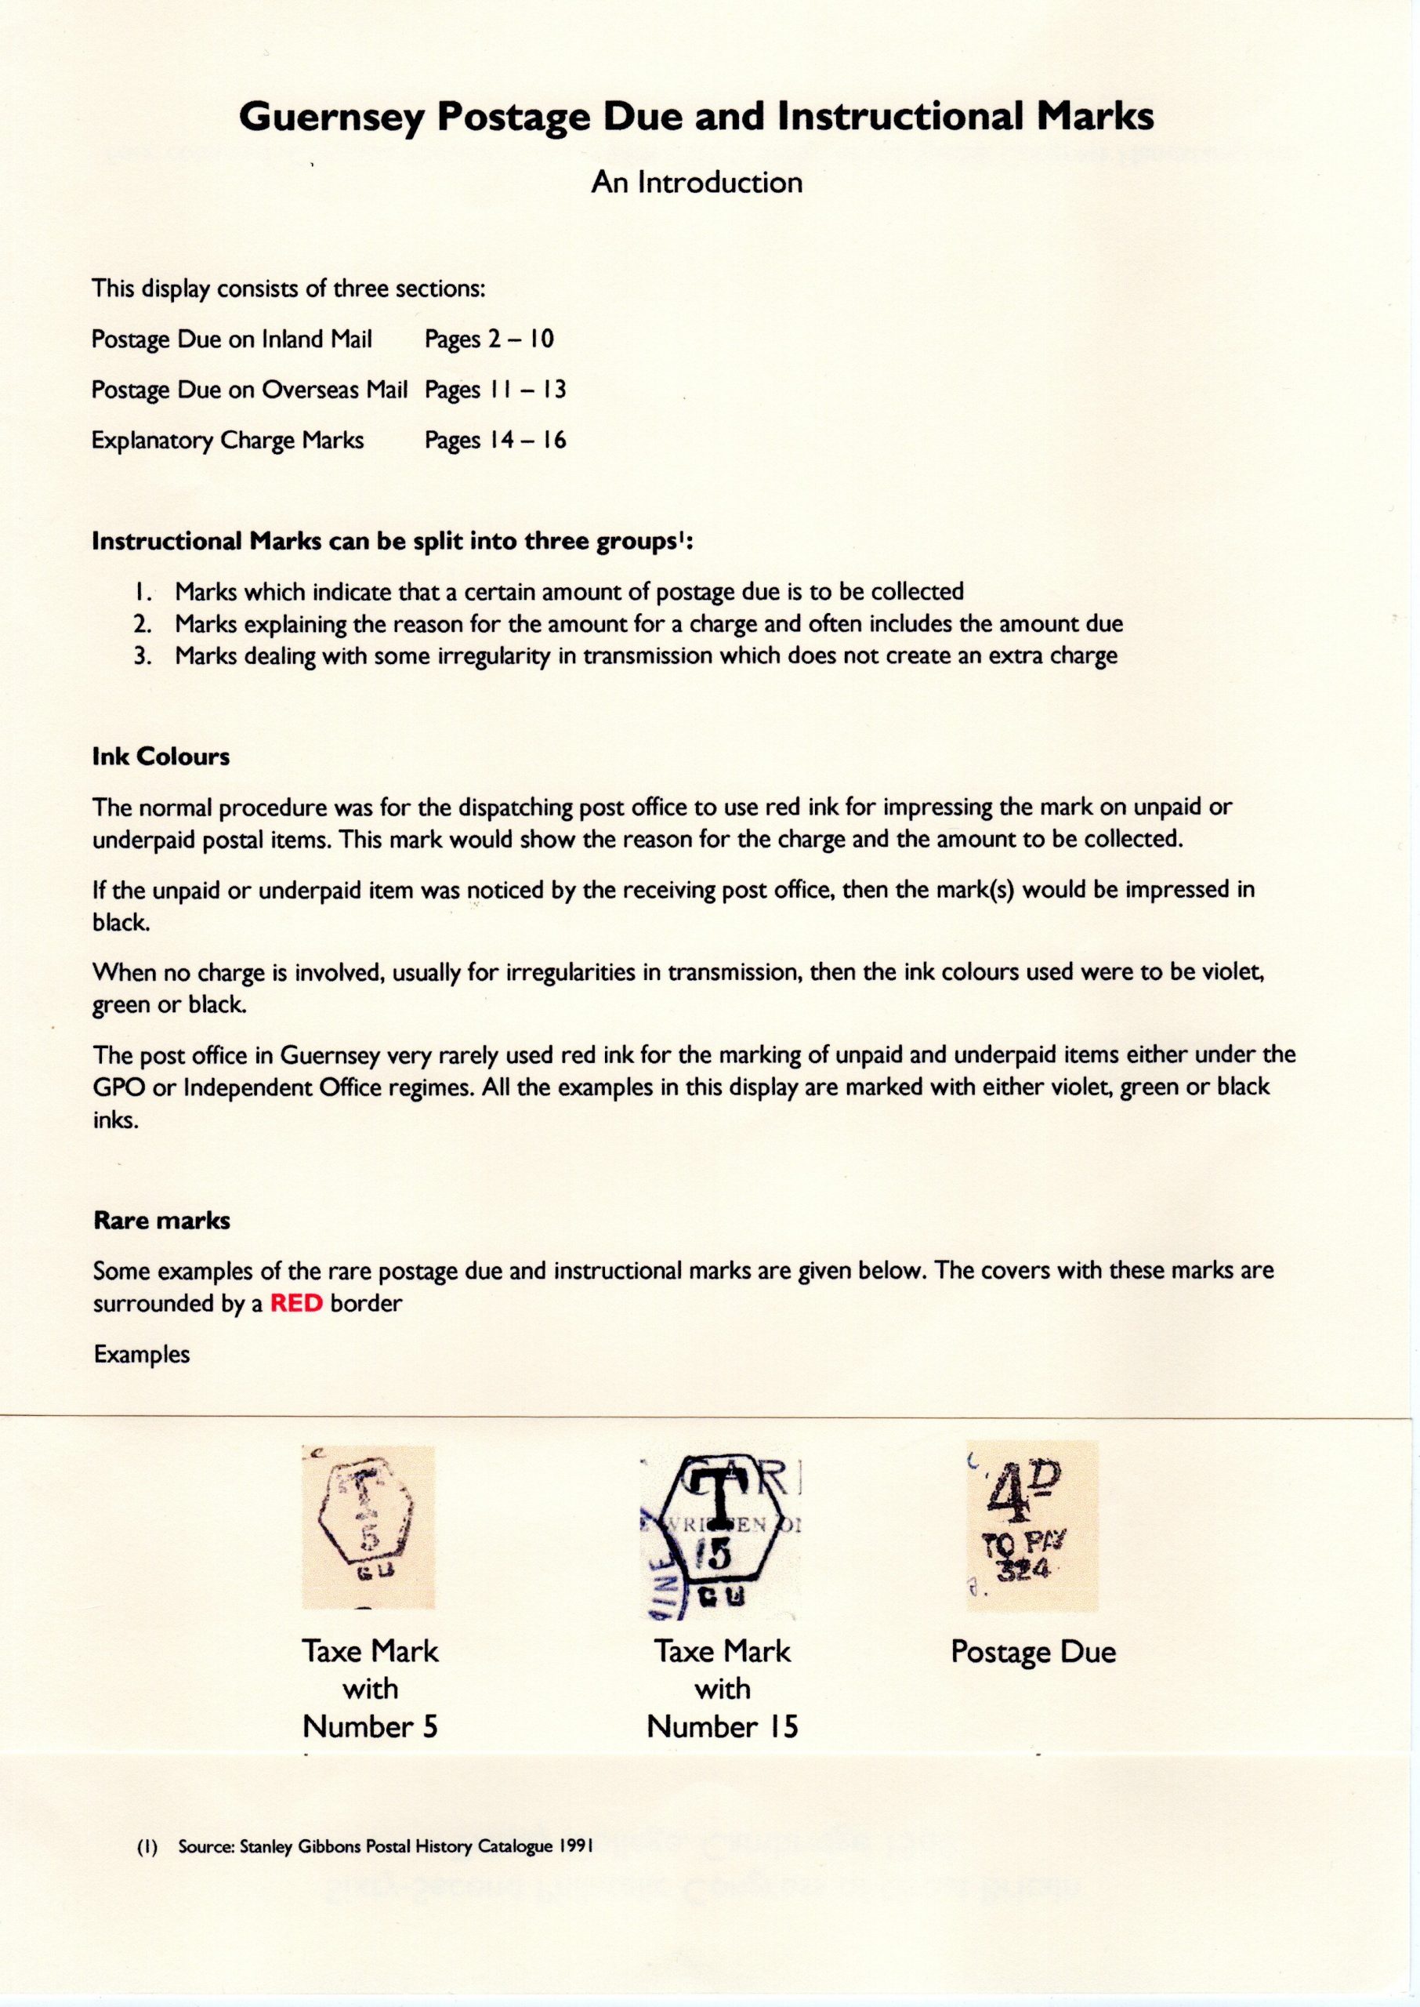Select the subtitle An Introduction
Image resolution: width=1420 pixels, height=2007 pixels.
click(x=697, y=183)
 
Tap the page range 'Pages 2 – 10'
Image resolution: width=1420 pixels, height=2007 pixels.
click(x=490, y=339)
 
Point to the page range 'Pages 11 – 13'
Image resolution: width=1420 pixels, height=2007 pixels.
click(x=496, y=389)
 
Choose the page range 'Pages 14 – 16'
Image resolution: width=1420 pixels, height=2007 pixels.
click(x=496, y=439)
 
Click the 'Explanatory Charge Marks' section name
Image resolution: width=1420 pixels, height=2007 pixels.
click(x=227, y=439)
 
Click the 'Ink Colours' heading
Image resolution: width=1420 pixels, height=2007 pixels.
click(x=161, y=757)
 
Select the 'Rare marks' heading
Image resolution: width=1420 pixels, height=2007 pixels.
click(x=161, y=1221)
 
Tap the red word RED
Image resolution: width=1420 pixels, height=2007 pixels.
click(x=296, y=1303)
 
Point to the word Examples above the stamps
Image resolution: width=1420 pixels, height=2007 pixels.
click(x=142, y=1354)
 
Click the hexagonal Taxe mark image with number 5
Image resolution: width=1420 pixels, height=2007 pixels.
click(x=368, y=1527)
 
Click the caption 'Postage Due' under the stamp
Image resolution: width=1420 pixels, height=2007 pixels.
click(x=1033, y=1652)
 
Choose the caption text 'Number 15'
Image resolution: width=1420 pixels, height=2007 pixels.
click(x=723, y=1727)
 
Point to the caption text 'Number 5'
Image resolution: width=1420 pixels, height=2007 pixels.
click(x=370, y=1727)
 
